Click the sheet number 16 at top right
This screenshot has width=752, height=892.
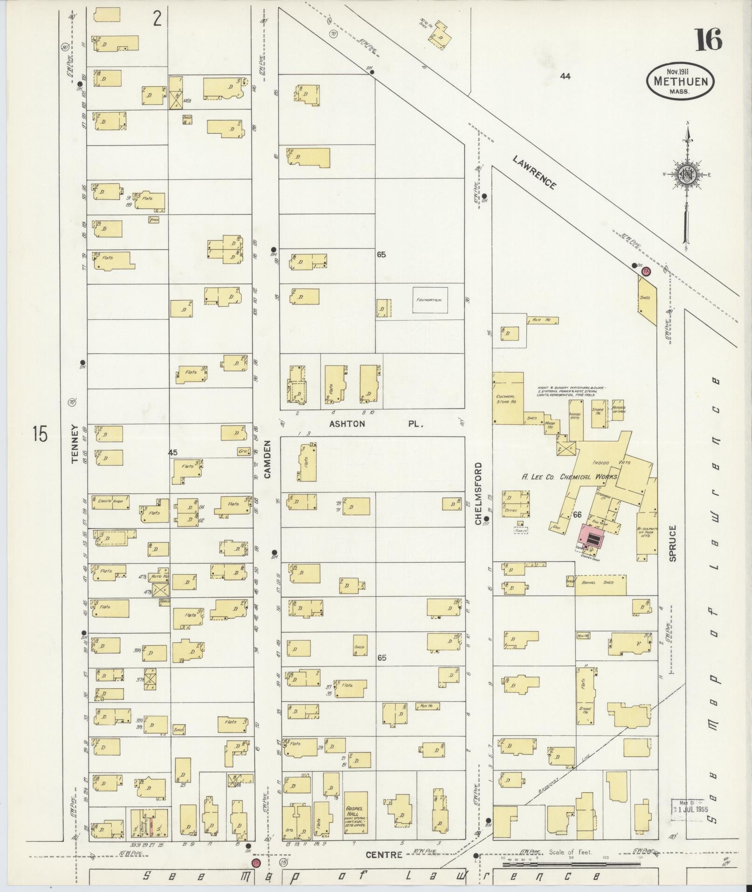point(709,40)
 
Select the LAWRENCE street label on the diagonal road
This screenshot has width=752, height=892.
point(534,172)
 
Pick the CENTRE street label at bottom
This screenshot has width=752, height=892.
point(384,855)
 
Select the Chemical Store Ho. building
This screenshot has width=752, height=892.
point(507,398)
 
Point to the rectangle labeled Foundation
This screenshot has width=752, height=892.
point(429,300)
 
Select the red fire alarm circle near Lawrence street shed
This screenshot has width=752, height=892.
point(646,270)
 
